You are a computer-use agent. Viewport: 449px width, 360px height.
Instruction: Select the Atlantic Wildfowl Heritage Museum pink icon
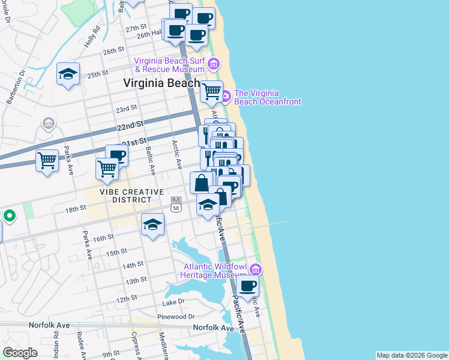pos(256,268)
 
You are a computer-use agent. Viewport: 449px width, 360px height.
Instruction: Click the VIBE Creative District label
pos(132,196)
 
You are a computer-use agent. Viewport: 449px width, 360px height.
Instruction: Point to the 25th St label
pos(97,75)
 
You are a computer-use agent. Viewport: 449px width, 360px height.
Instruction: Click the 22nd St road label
pos(131,124)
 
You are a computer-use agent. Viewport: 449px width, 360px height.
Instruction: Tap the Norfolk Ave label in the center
pos(213,328)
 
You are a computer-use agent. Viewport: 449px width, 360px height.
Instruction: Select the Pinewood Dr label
pos(175,316)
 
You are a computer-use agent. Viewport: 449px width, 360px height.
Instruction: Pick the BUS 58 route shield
pos(176,203)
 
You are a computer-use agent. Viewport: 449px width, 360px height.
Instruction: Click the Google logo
pos(20,353)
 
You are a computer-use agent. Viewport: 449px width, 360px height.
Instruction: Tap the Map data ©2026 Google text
pos(411,355)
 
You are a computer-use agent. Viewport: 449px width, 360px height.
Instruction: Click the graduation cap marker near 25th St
pos(68,74)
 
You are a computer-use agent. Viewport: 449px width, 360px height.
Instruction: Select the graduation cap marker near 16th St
pos(152,225)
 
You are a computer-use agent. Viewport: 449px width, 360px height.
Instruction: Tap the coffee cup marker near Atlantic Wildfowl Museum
pos(247,286)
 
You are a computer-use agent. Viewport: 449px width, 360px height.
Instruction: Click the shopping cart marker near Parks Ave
pos(47,161)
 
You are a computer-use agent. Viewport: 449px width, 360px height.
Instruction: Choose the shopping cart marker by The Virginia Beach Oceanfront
pos(211,92)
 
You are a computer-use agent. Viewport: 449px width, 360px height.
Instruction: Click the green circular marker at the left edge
pos(9,215)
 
